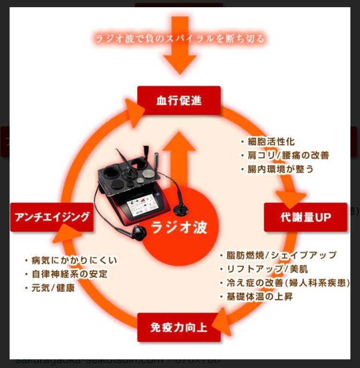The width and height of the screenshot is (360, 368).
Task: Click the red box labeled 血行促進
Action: coord(179,101)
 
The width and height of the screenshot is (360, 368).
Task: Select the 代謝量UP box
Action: coord(305,217)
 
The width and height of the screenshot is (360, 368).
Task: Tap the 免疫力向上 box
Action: coord(179,328)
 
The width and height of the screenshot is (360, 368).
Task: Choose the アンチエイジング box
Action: coord(52,217)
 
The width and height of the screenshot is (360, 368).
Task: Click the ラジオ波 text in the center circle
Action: coord(179,227)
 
